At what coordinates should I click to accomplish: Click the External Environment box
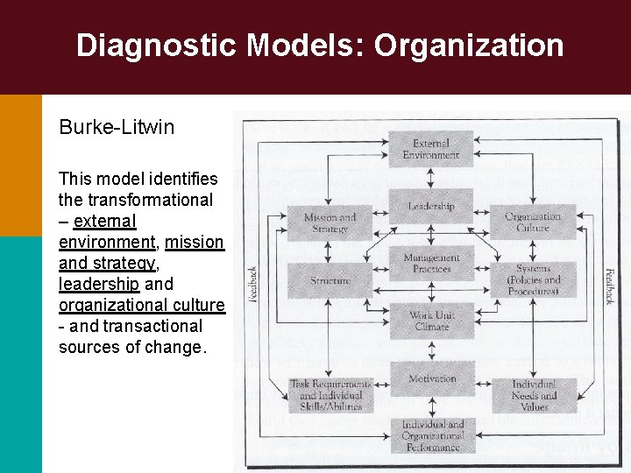tap(430, 149)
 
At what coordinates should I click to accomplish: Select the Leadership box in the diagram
tap(430, 206)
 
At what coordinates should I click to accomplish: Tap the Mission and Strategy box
tap(330, 222)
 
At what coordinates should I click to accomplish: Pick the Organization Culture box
tap(533, 222)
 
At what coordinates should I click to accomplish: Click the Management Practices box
tap(430, 263)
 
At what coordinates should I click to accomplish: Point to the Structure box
tap(330, 280)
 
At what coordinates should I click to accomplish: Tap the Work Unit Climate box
tap(430, 321)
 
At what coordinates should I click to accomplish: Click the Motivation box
tap(430, 378)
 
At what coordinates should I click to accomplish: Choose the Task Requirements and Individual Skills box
tap(330, 395)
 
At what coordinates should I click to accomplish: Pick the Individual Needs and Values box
tap(533, 395)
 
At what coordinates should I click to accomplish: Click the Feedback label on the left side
tap(252, 282)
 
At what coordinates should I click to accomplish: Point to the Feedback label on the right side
tap(610, 286)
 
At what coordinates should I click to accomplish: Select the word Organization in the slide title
tap(469, 46)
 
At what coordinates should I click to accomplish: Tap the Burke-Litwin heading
tap(117, 127)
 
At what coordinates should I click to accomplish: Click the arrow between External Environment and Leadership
tap(430, 177)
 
